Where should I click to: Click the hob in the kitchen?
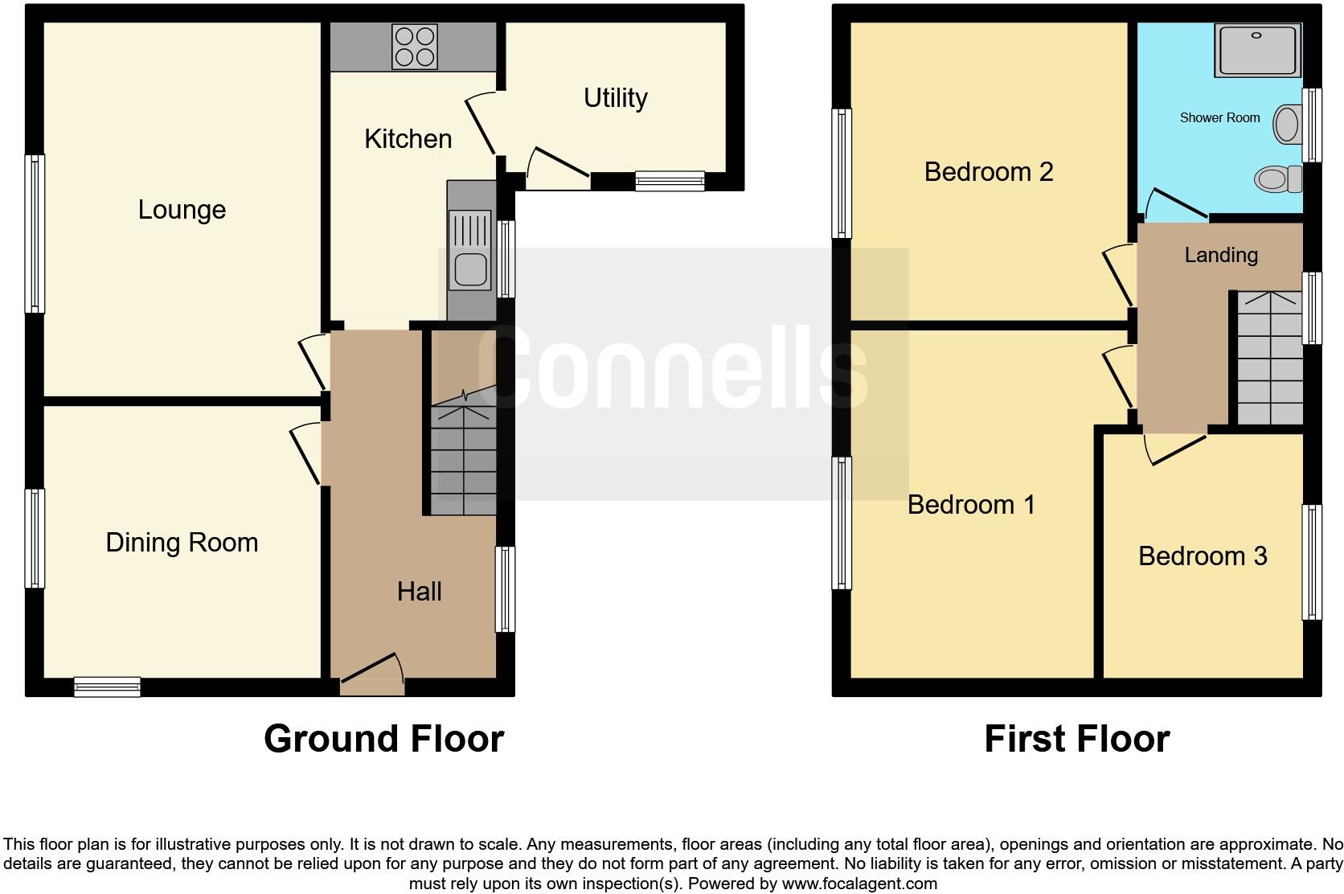pos(415,47)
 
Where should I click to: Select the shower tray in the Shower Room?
pos(1258,50)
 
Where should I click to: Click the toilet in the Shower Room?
pos(1277,178)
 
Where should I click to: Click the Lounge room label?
pos(182,210)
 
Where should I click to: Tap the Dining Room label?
pos(182,543)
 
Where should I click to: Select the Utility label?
pos(615,98)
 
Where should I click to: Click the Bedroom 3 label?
pos(1203,556)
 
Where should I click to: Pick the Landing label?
pos(1221,255)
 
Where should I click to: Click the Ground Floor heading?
pos(383,739)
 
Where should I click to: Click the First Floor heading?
pos(1076,739)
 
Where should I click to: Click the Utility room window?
pos(670,181)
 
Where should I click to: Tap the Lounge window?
pos(35,233)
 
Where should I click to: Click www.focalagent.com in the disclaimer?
pos(859,884)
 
